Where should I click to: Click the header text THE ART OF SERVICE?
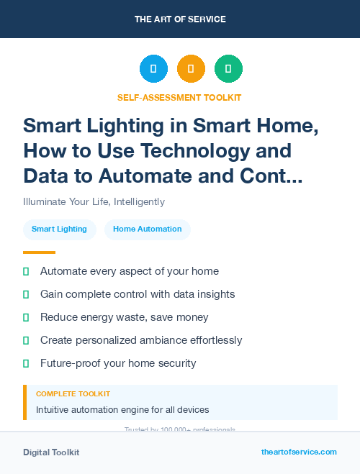pyautogui.click(x=180, y=19)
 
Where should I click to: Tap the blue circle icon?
pyautogui.click(x=153, y=69)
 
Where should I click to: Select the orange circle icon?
pyautogui.click(x=191, y=69)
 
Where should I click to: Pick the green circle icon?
pyautogui.click(x=228, y=69)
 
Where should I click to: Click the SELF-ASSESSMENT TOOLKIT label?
pyautogui.click(x=180, y=97)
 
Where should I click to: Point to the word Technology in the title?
pyautogui.click(x=235, y=150)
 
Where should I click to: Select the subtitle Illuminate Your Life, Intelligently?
pyautogui.click(x=94, y=201)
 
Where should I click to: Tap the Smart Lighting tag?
pyautogui.click(x=59, y=229)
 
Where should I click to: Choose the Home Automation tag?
pyautogui.click(x=148, y=229)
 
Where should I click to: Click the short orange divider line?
pyautogui.click(x=39, y=252)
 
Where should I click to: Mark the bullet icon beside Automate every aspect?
pyautogui.click(x=26, y=271)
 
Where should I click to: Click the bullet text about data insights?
pyautogui.click(x=138, y=294)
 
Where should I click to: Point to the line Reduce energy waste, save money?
pyautogui.click(x=125, y=317)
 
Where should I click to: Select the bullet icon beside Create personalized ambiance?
pyautogui.click(x=26, y=340)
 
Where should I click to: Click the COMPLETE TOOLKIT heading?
pyautogui.click(x=73, y=394)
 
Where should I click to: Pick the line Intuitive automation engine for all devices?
pyautogui.click(x=122, y=410)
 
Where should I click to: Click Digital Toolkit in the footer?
pyautogui.click(x=51, y=452)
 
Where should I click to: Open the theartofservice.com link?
pyautogui.click(x=299, y=452)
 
